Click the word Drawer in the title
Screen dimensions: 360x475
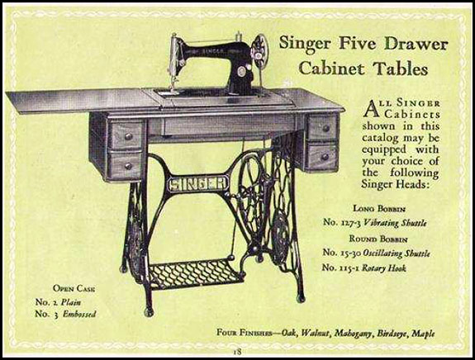coord(420,42)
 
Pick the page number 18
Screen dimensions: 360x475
coord(237,352)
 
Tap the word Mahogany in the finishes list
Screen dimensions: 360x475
coord(340,334)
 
